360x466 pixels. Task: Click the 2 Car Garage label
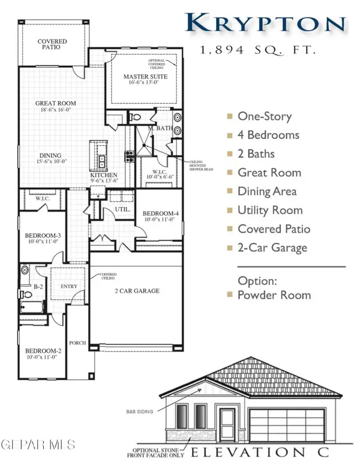click(x=137, y=291)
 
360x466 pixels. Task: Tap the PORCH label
click(x=78, y=343)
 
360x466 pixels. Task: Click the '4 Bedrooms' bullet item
click(x=268, y=135)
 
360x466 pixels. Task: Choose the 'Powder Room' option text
click(x=274, y=295)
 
